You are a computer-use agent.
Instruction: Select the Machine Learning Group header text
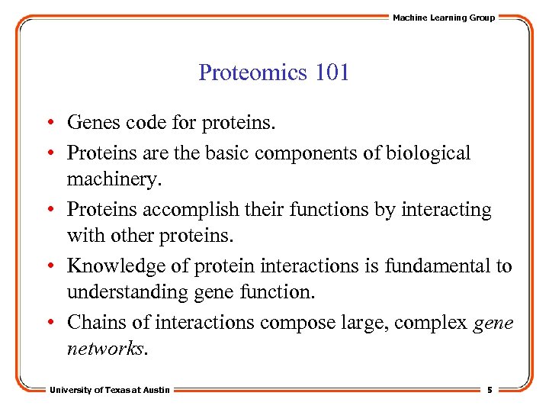point(443,18)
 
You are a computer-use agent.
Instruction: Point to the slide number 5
point(490,390)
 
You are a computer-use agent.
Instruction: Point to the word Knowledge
point(111,266)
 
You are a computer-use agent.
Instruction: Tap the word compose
point(290,322)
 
